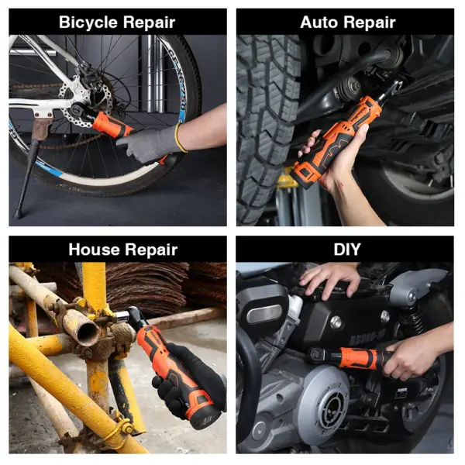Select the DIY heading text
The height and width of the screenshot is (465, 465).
tap(347, 250)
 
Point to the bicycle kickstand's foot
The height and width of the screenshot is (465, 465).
tap(17, 214)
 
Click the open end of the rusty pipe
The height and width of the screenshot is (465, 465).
tap(88, 333)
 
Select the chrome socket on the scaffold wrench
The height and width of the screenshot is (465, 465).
tap(122, 316)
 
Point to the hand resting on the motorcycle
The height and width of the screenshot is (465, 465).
tap(330, 281)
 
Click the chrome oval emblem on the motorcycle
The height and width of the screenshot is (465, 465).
tap(264, 314)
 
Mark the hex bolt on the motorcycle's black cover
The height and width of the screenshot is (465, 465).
tap(336, 322)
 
